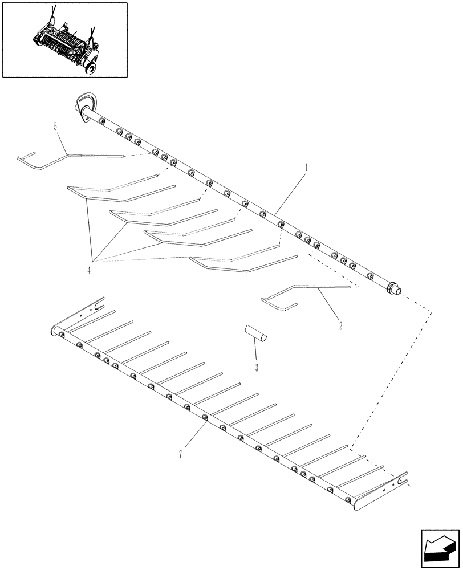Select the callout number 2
(340, 326)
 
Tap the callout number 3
(257, 367)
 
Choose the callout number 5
(56, 127)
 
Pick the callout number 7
(181, 454)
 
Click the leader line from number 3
(253, 351)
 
